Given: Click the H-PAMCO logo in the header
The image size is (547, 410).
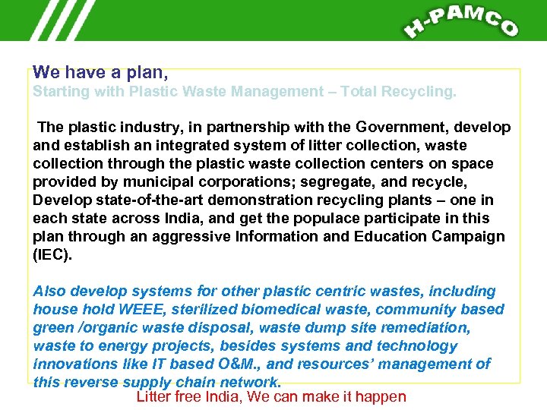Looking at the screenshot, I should [460, 21].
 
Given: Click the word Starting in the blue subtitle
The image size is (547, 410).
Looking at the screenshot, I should [59, 92].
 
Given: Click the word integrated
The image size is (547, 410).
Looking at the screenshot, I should [191, 145].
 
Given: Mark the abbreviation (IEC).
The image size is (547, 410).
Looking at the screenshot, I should [52, 254].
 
